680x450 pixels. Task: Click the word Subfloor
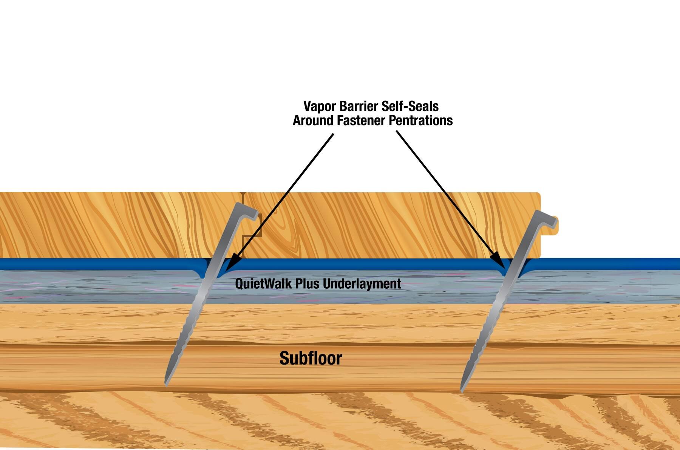pyautogui.click(x=311, y=358)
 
